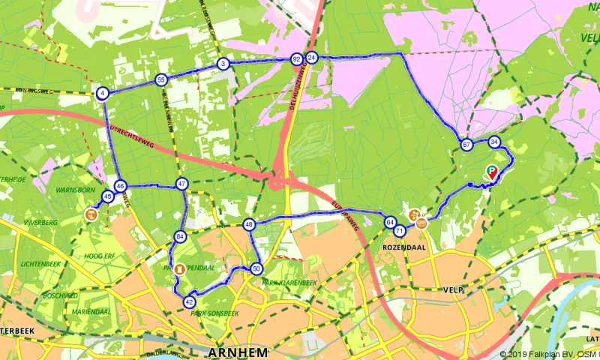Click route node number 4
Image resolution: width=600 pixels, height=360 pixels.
(x=102, y=94)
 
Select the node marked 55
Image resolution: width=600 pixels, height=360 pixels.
(x=160, y=79)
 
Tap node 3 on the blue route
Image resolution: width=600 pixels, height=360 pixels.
(x=223, y=64)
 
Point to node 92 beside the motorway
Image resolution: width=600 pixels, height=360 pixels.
(x=296, y=58)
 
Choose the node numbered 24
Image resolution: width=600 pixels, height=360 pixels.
(x=312, y=58)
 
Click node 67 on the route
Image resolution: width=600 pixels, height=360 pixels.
(x=466, y=145)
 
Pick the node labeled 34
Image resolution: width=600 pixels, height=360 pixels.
(x=493, y=142)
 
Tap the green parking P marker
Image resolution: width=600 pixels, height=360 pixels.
(x=490, y=169)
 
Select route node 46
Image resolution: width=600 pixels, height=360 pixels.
(x=120, y=186)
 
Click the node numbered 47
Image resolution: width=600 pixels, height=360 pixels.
(x=181, y=184)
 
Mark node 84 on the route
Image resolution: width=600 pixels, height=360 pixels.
(x=180, y=237)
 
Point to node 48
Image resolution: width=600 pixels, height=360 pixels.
(x=250, y=224)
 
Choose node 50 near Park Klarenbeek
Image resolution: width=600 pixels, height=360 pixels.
(x=256, y=268)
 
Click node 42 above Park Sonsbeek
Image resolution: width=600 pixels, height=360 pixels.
(x=189, y=301)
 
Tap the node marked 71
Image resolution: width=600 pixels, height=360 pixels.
(x=400, y=231)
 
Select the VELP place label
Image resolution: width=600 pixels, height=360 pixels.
(x=453, y=289)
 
